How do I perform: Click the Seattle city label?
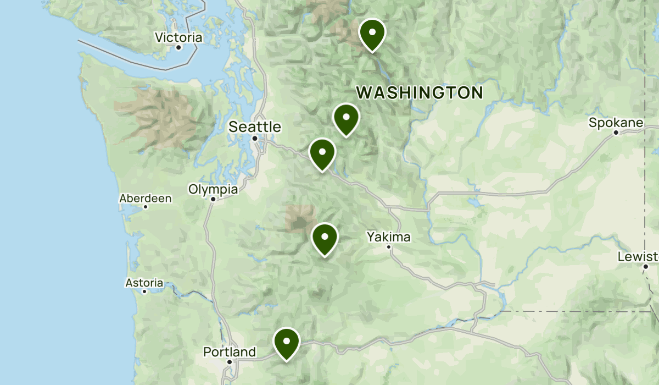(x=255, y=127)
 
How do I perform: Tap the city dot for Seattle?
(x=255, y=138)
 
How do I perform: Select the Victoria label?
(x=178, y=38)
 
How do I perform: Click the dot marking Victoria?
(x=178, y=47)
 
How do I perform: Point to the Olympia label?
(x=213, y=189)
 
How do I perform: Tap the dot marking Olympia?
(x=213, y=199)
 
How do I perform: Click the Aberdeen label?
(x=146, y=198)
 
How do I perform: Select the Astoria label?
(x=144, y=283)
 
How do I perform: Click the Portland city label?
(x=230, y=351)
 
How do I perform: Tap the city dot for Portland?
(x=230, y=361)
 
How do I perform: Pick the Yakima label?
(x=389, y=237)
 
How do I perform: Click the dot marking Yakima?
(x=389, y=246)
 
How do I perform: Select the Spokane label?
(x=616, y=123)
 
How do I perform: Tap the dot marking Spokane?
(x=616, y=133)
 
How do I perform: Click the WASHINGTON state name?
(x=420, y=92)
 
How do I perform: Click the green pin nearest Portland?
(x=287, y=343)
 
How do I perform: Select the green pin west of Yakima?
(x=325, y=239)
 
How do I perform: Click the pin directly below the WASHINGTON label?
(x=346, y=119)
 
